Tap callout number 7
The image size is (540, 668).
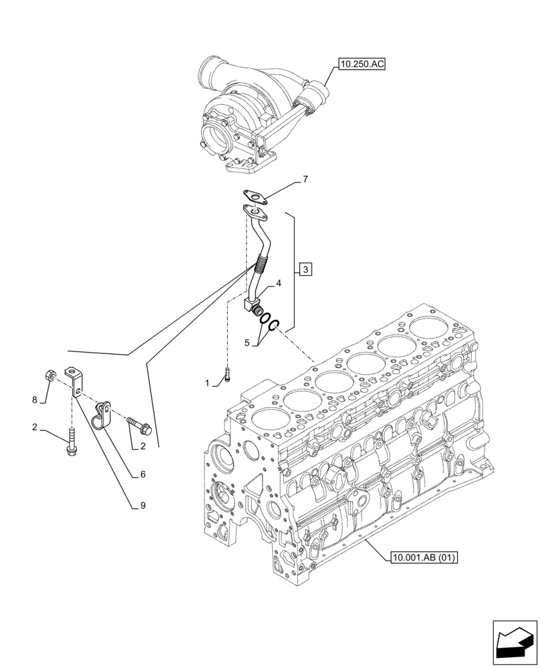click(305, 180)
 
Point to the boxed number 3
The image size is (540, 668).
click(305, 270)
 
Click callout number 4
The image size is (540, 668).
click(279, 283)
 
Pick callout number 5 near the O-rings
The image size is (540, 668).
click(247, 343)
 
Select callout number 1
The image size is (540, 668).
click(207, 383)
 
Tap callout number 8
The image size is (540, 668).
click(35, 400)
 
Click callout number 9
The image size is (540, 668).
click(142, 506)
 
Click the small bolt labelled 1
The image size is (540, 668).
click(228, 375)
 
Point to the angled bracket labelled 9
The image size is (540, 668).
click(74, 381)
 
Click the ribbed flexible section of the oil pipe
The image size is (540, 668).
click(261, 269)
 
